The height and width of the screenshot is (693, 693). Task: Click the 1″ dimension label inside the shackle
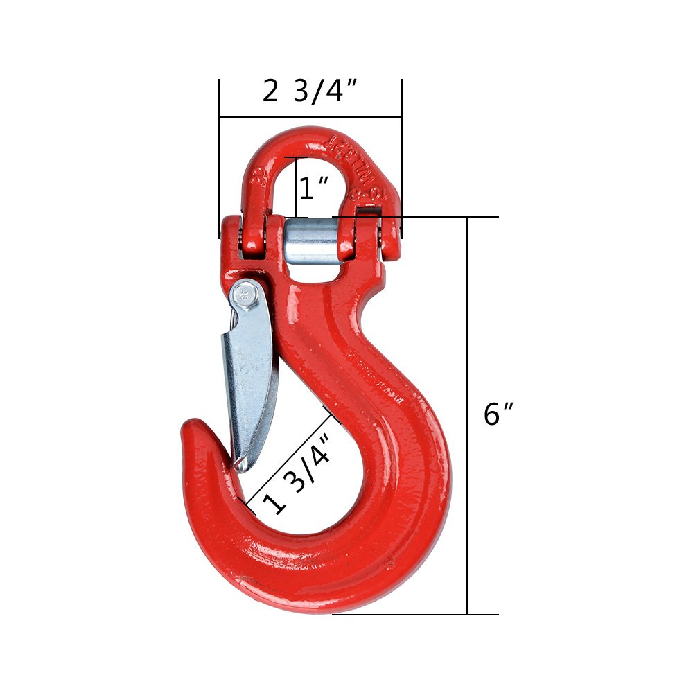click(x=313, y=187)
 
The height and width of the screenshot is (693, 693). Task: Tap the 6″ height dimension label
click(x=498, y=414)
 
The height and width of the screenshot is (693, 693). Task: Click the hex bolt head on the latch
click(x=243, y=296)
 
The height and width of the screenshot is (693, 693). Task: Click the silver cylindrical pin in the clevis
click(x=312, y=240)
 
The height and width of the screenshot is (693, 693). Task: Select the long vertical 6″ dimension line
click(x=468, y=416)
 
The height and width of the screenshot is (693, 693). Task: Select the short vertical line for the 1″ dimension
click(x=297, y=187)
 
